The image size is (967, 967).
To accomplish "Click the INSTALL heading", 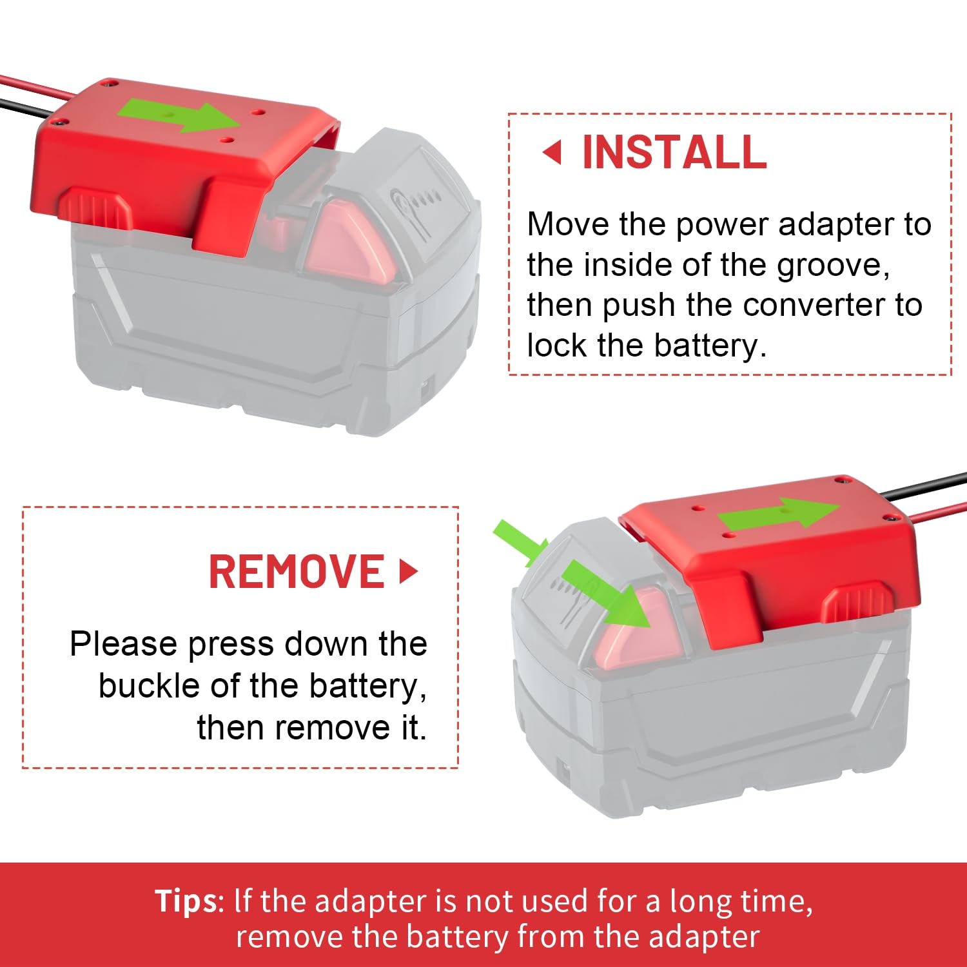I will point(674,153).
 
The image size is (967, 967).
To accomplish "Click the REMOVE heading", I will point(297,572).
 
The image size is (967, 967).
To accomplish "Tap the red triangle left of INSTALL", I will point(552,153).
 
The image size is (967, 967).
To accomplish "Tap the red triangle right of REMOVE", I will point(407,572).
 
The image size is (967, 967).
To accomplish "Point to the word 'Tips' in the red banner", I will point(186,901).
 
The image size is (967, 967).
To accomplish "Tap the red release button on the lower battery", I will point(635,635).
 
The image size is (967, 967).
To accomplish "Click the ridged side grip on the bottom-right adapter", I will point(857,603).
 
